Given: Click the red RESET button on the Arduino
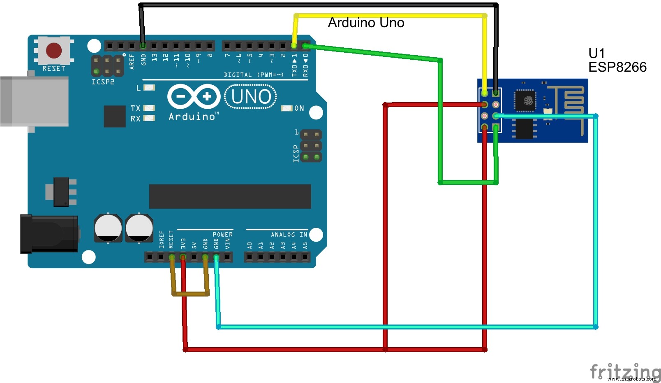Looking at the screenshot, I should tap(54, 51).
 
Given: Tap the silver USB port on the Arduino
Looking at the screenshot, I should tap(34, 101).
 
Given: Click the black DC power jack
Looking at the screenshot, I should tap(49, 234).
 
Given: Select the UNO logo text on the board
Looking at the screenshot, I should tap(251, 97).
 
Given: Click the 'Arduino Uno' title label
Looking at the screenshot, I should tap(366, 23).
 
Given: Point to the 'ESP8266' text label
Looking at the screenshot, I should tap(617, 67).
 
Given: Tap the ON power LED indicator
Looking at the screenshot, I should tap(287, 108).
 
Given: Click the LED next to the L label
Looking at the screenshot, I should tap(149, 88).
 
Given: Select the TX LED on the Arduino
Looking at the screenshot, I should tap(149, 108).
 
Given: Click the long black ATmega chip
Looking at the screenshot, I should tap(230, 196).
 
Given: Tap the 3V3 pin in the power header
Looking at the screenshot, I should tap(183, 257).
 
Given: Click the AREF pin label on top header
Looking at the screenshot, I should tap(132, 61).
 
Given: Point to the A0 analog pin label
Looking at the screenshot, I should tap(250, 246).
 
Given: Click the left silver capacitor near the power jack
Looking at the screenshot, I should tap(108, 227).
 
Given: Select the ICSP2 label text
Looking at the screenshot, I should tap(103, 82).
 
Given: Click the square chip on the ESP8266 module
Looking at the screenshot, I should tap(525, 100).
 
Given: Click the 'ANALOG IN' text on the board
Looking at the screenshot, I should tap(289, 235).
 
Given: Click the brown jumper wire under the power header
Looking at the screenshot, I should tap(190, 294).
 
